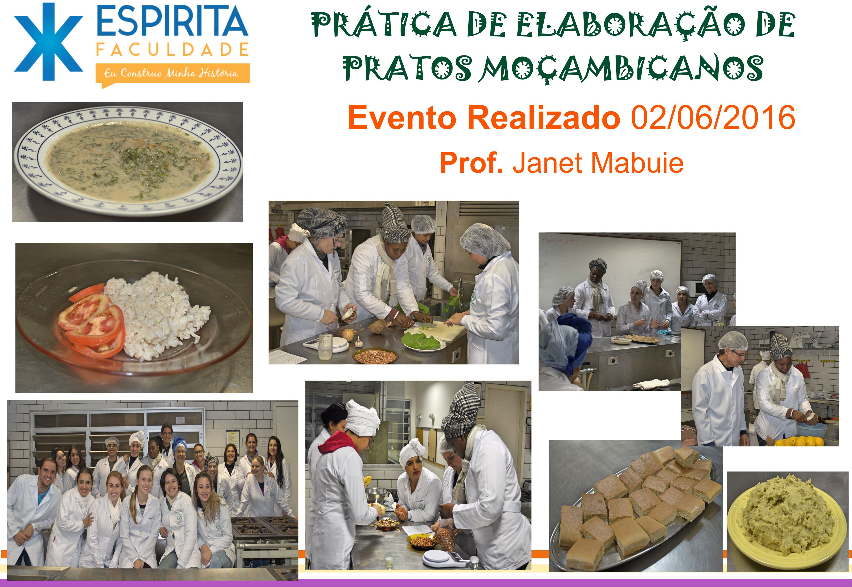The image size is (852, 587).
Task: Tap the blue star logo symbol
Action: point(49,42)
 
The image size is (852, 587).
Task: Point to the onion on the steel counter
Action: point(348,334)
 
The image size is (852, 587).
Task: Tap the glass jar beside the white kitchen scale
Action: point(325,347)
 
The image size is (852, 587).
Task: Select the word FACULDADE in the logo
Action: point(172,50)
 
